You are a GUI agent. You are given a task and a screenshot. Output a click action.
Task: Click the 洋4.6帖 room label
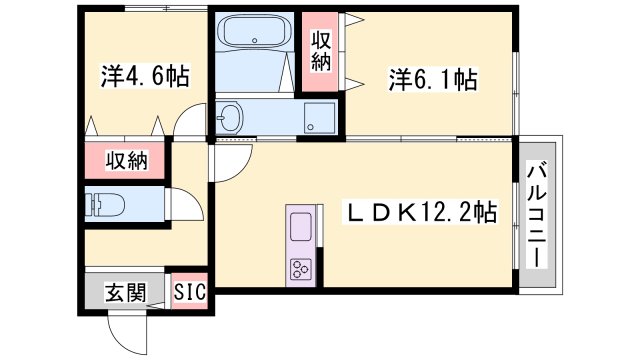[x=145, y=76]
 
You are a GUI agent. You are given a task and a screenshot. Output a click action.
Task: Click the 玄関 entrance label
[x=126, y=293]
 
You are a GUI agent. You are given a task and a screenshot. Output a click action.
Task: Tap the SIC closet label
[x=190, y=293]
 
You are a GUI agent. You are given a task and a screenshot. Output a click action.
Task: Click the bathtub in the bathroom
[x=251, y=37]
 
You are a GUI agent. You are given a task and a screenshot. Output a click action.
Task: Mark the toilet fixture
[x=104, y=206]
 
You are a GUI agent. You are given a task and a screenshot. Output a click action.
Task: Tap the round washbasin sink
[x=229, y=119]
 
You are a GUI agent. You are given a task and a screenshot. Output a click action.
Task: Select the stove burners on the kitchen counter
[x=301, y=267]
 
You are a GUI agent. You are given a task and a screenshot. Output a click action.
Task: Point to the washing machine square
[x=320, y=117]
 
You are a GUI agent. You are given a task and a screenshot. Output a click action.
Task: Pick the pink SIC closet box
[x=190, y=293]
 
